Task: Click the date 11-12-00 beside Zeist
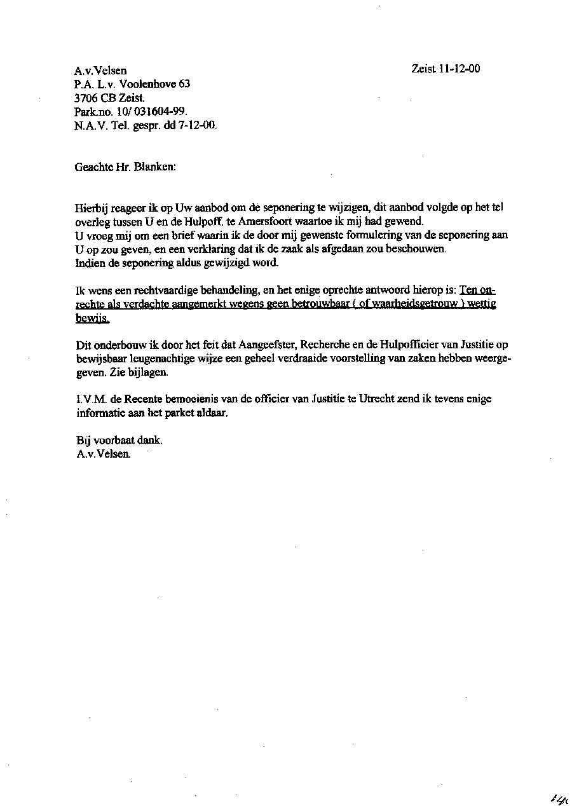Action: pos(459,69)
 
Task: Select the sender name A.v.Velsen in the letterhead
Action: pos(100,71)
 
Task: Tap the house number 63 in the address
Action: pos(184,84)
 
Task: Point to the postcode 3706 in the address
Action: pos(85,98)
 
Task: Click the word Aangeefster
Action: pos(268,345)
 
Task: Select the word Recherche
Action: pos(324,345)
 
